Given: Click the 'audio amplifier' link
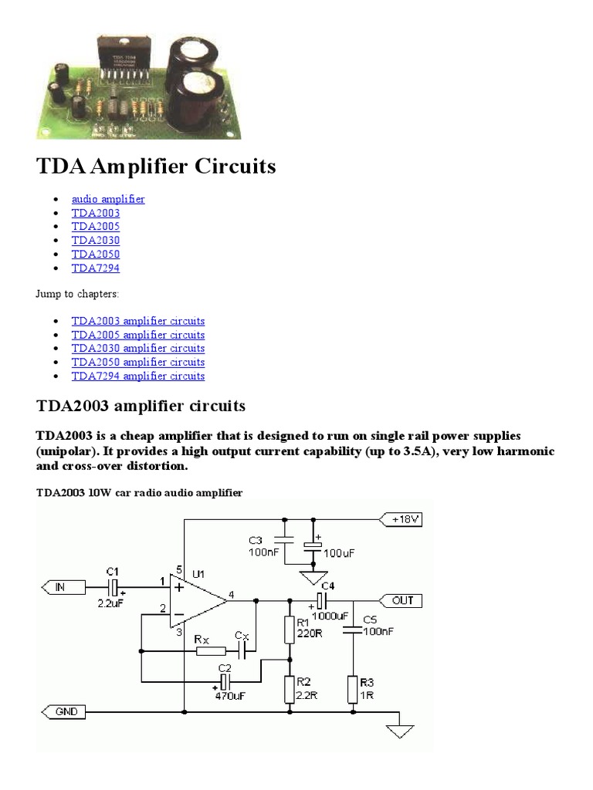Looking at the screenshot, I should tap(107, 199).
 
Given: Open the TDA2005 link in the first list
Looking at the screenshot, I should tap(96, 227).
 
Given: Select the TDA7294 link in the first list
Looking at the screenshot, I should tap(96, 268).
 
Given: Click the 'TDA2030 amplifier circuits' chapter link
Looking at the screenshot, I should tap(138, 349).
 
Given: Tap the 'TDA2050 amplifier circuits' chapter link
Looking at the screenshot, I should tap(138, 362).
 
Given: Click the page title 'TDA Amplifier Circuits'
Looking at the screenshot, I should tap(156, 167).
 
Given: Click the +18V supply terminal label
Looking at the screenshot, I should tap(405, 520).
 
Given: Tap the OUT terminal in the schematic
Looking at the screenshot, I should tap(402, 600).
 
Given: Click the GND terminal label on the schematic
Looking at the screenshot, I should tap(66, 712).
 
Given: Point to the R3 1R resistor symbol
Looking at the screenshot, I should tap(352, 689).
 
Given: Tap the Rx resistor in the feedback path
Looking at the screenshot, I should tap(211, 651).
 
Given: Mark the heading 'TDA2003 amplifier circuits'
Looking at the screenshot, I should tap(141, 405).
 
